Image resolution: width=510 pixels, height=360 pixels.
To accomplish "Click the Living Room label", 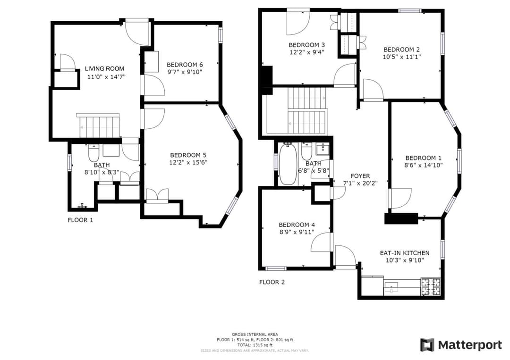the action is [104, 68].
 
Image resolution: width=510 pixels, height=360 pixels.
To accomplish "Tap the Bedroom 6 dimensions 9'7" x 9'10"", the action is [185, 72].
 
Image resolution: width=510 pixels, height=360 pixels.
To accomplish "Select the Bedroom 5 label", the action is [188, 155].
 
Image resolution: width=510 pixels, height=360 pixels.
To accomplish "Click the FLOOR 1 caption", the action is [80, 220].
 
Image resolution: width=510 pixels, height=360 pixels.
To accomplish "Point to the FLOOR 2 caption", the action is [272, 282].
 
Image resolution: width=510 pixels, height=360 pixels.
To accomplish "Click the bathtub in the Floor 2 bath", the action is [288, 164].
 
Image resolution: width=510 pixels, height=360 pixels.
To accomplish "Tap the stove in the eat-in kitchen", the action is [431, 286].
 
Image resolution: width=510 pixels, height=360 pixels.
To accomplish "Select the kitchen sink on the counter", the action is [391, 288].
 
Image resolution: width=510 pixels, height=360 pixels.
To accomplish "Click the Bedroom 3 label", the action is [307, 45].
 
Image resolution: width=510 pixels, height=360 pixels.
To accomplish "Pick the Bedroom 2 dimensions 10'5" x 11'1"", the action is [402, 57].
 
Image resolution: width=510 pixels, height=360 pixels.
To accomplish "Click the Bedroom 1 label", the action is [424, 158].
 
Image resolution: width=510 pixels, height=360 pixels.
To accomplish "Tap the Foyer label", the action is [360, 176].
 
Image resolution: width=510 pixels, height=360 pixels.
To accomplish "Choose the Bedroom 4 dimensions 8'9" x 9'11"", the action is [297, 232].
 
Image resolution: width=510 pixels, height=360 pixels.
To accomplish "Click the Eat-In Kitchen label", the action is [405, 253].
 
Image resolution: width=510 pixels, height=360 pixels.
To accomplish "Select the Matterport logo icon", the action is [427, 345].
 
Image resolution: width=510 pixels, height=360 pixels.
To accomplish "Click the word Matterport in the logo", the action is [470, 345].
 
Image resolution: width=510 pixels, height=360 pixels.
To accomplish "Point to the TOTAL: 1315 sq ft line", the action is [255, 345].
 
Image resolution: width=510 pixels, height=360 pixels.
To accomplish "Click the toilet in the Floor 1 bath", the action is [93, 153].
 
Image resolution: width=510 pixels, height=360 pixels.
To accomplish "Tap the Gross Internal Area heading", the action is [255, 335].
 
